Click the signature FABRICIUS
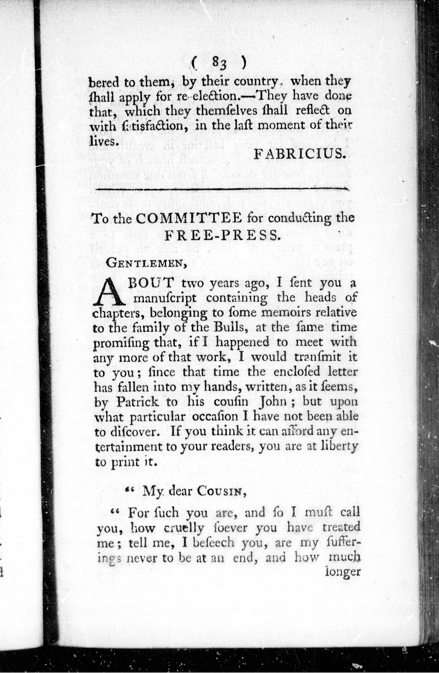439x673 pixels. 301,154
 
